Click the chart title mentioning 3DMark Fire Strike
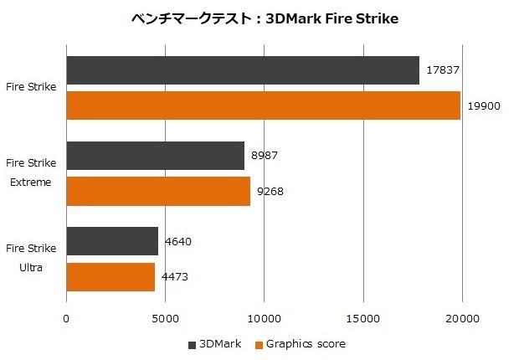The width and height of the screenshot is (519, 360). (x=265, y=18)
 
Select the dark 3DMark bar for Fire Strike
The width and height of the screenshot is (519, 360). (x=243, y=70)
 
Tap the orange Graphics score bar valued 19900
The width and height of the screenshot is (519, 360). (x=263, y=105)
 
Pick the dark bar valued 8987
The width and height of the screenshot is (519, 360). (x=155, y=156)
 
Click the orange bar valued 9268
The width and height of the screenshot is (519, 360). (x=158, y=191)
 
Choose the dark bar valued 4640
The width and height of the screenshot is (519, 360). (x=112, y=241)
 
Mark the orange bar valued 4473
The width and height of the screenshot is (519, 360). (x=110, y=276)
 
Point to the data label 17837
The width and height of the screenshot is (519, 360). (x=443, y=70)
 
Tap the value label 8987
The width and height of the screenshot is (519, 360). (x=265, y=156)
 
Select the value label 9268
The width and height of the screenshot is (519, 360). (x=270, y=191)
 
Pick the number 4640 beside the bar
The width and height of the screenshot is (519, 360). (x=178, y=241)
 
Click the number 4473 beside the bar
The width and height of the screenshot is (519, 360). (x=175, y=276)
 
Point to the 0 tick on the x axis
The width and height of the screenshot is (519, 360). (x=66, y=318)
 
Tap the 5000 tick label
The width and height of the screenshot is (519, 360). (x=165, y=318)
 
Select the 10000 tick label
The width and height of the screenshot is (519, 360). (x=264, y=318)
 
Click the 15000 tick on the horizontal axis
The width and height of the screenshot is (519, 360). (x=362, y=318)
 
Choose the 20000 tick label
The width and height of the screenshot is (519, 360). (x=461, y=318)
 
